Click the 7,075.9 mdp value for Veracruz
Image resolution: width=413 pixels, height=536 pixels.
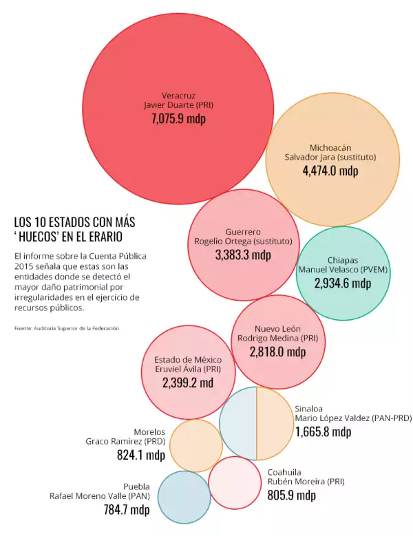178,118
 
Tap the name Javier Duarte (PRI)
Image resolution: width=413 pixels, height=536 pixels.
178,105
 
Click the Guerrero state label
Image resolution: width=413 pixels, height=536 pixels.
243,232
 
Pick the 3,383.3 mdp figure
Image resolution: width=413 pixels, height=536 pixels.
243,255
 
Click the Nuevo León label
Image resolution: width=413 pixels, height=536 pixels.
277,329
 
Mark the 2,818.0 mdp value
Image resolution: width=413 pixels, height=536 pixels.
277,352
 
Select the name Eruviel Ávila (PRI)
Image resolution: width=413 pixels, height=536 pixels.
188,369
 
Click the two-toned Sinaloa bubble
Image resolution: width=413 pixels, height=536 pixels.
256,424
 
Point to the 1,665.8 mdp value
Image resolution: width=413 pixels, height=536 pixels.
323,432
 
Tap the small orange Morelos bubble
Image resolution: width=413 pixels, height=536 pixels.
195,446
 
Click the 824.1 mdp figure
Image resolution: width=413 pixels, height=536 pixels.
141,455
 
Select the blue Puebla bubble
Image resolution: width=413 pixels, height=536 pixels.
184,497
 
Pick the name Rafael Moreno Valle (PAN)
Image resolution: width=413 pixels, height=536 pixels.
99,495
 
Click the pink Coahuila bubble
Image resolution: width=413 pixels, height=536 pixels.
233,482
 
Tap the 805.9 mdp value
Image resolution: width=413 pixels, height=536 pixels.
291,495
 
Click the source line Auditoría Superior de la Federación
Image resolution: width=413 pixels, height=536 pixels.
67,328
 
